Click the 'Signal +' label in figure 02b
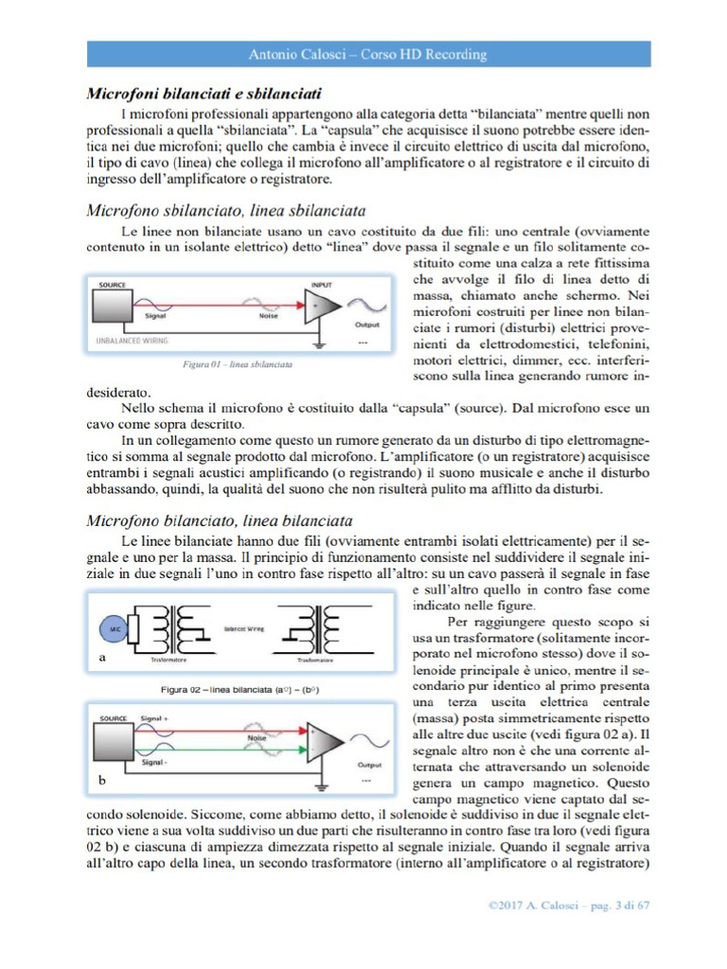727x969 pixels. coord(153,719)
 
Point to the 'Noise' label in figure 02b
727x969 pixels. coord(256,736)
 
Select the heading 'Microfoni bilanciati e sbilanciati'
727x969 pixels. coord(204,95)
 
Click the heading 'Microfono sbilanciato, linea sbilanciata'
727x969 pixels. coord(227,209)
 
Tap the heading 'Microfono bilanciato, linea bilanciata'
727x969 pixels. coord(220,520)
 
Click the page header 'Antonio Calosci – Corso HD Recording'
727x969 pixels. coord(367,54)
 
